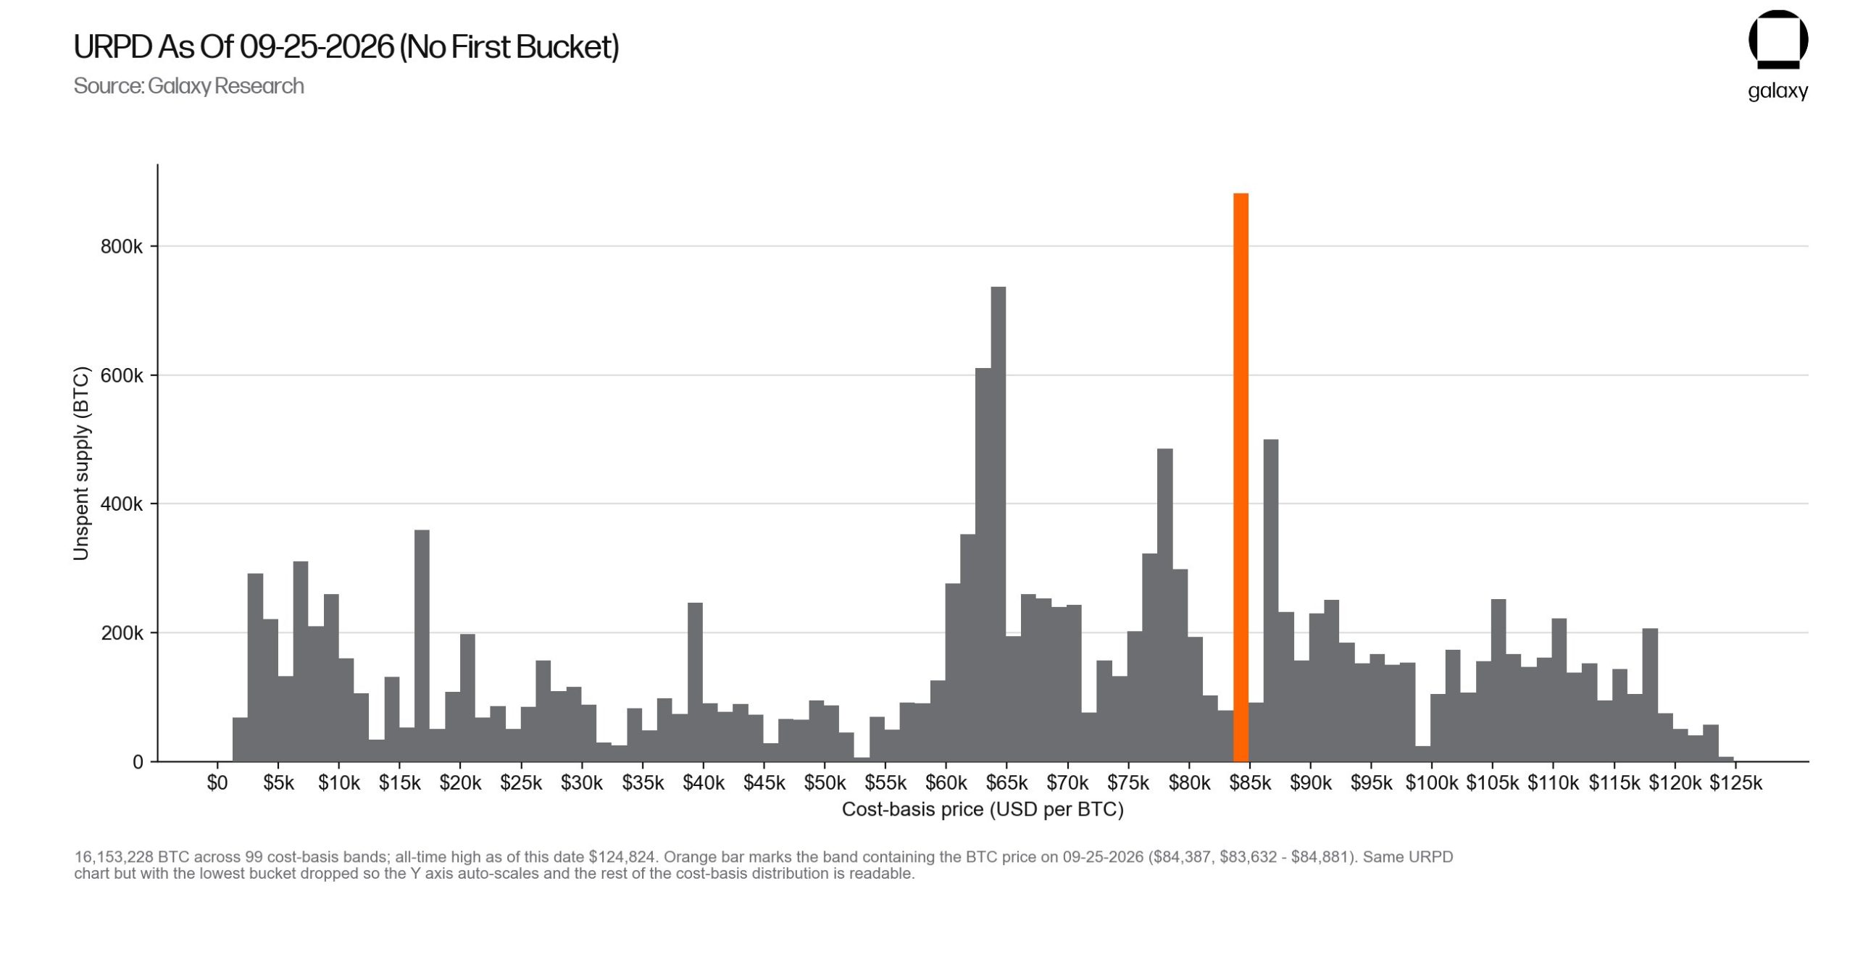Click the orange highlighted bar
point(1241,477)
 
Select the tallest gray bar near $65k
point(998,524)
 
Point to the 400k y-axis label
point(122,503)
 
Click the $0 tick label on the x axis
point(217,783)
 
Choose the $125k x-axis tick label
point(1735,783)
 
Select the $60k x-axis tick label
point(946,783)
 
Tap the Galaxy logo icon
point(1778,40)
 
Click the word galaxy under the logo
point(1778,91)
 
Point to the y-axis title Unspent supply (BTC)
point(81,464)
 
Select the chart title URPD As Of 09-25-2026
point(346,47)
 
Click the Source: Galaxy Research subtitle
point(189,86)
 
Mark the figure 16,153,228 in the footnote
point(114,857)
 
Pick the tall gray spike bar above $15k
point(422,645)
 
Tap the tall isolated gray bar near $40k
point(695,682)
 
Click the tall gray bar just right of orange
point(1271,601)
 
